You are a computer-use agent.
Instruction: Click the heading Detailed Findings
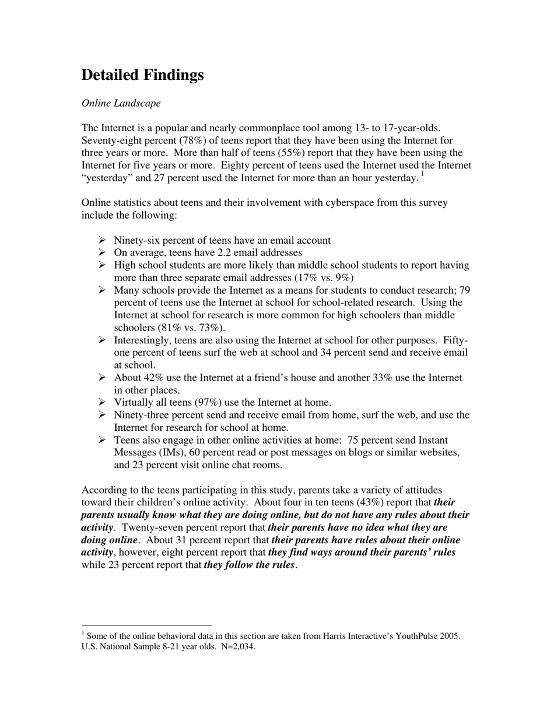[x=142, y=75]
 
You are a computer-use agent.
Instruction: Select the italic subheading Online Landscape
[x=121, y=103]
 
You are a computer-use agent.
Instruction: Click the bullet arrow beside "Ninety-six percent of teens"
[x=102, y=240]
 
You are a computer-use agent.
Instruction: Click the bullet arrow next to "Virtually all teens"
[x=102, y=402]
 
